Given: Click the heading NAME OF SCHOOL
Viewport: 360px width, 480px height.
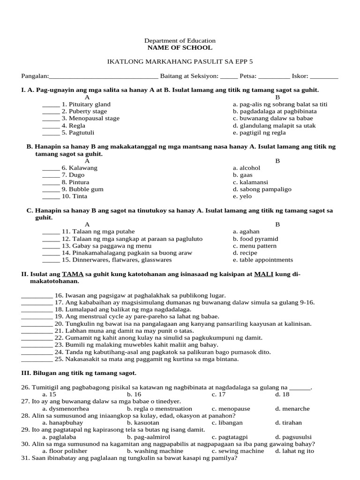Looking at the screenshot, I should tap(180, 48).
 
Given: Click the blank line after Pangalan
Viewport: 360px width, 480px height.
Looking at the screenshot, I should tap(104, 77).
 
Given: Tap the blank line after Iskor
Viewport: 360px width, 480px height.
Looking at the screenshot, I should tap(324, 77).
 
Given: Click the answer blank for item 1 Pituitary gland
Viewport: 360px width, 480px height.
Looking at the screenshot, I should tap(51, 105).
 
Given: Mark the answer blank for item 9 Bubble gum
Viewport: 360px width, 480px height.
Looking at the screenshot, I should tap(51, 190).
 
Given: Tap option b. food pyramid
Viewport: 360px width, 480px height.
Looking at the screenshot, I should tap(255, 239).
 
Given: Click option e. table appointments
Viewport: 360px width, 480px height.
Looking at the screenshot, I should tap(262, 260).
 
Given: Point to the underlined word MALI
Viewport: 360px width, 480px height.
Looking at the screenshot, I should tap(263, 274).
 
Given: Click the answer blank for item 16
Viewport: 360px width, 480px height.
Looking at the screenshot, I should tap(37, 296).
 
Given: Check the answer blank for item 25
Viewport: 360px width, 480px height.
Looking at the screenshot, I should tap(37, 360).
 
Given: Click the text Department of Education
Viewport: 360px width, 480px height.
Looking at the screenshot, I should tap(180, 41).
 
